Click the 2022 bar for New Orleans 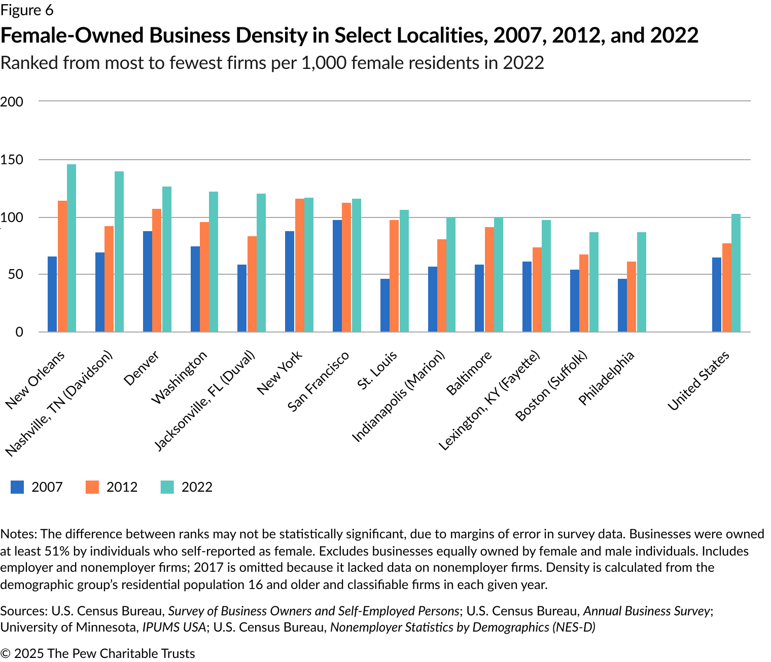point(72,248)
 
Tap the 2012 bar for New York point(299,265)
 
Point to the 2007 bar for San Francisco point(337,276)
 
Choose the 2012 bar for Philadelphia point(632,297)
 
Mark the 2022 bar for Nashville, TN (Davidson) point(119,251)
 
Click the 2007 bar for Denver point(148,281)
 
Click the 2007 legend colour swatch point(17,487)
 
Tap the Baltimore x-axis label point(469,373)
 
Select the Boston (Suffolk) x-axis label point(551,386)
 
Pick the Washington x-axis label point(180,378)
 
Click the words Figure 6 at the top point(27,10)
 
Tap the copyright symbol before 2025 point(6,653)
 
